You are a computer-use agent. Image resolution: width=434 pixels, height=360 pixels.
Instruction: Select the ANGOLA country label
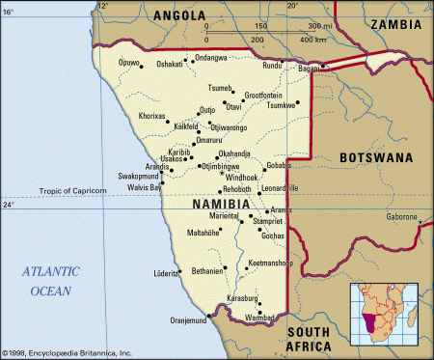coord(180,15)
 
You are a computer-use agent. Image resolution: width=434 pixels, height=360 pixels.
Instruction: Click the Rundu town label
coord(272,66)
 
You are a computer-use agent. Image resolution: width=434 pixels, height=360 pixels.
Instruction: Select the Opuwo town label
coord(128,64)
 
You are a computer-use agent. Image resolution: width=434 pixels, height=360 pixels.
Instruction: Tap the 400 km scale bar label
coord(313,40)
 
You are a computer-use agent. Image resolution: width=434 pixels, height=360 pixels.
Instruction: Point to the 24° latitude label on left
coord(10,206)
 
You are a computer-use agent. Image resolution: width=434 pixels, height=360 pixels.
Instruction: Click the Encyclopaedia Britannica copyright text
coord(68,354)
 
